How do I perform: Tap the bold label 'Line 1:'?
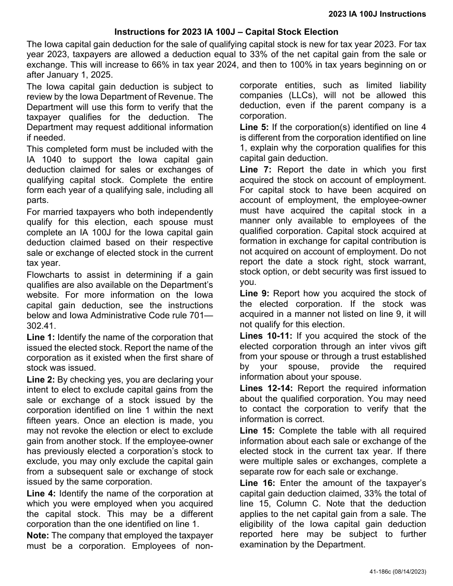point(41,337)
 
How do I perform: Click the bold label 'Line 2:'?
point(41,380)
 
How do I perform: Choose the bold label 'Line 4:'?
point(41,494)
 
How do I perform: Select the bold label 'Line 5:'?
point(254,127)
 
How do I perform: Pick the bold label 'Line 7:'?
point(255,170)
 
